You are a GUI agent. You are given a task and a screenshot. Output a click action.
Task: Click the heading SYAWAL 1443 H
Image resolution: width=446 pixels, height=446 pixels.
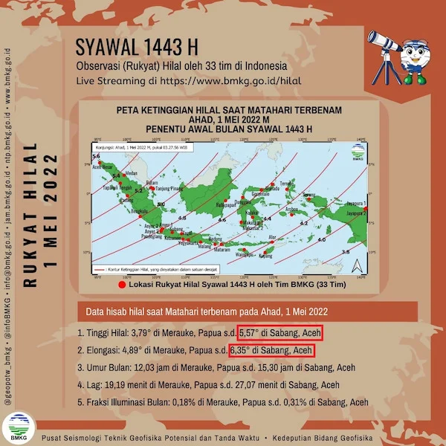coord(138,48)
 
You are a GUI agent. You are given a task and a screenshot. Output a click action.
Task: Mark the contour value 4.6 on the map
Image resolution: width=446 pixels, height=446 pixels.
coord(221,221)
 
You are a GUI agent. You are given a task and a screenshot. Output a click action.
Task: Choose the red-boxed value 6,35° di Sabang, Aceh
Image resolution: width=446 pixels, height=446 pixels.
coord(271,349)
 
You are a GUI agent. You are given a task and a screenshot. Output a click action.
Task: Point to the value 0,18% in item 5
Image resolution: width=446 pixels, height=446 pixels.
coord(206,402)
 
